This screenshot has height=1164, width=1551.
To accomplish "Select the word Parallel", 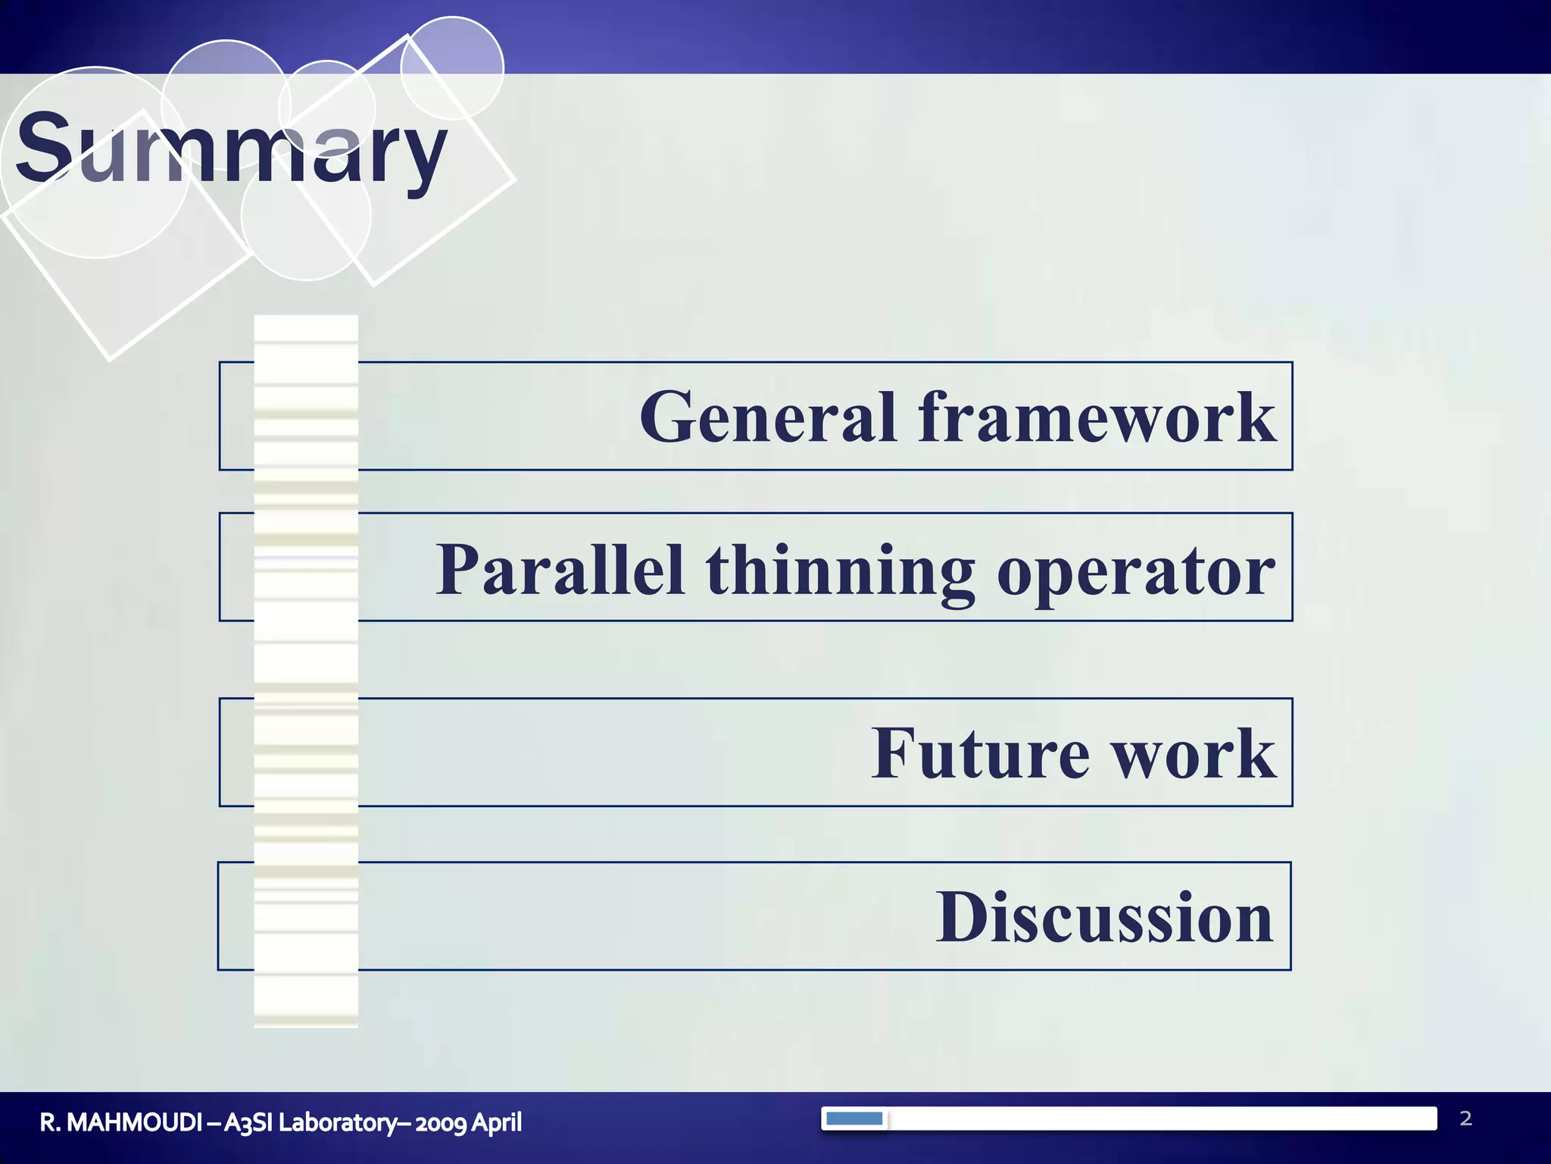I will coord(560,570).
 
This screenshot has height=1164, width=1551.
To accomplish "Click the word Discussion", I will coord(1104,918).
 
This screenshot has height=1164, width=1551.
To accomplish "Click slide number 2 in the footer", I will coord(1465,1119).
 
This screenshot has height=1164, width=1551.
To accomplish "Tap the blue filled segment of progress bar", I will coord(854,1119).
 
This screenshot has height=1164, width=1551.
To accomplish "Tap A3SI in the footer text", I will coord(248,1122).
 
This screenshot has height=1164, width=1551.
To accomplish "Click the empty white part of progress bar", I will coord(1159,1119).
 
